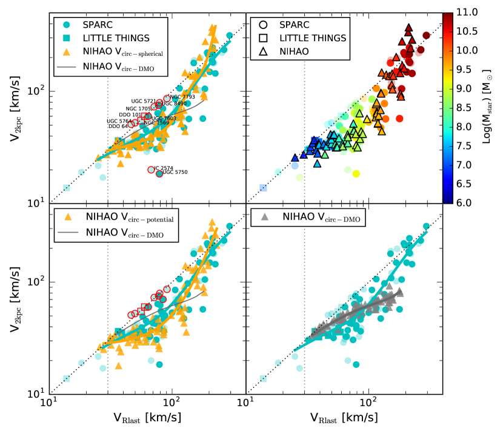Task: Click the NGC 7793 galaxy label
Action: (x=182, y=97)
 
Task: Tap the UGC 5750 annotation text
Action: (x=175, y=173)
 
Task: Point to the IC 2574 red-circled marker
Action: (x=152, y=169)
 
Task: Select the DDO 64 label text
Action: (x=118, y=126)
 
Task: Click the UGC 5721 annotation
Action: (x=144, y=101)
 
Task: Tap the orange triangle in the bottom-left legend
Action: (x=68, y=216)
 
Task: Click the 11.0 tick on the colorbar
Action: (x=470, y=12)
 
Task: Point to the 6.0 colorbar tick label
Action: (x=470, y=202)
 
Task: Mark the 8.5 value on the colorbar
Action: (x=470, y=107)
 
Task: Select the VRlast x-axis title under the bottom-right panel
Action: (x=344, y=418)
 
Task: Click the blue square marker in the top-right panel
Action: (x=263, y=188)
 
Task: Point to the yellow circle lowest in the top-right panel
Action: (x=356, y=173)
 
